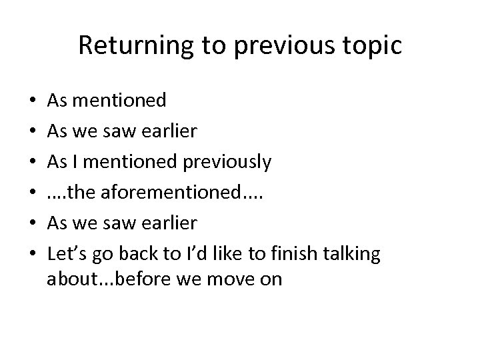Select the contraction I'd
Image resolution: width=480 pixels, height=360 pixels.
click(204, 254)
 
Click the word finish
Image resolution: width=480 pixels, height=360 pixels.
click(300, 254)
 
